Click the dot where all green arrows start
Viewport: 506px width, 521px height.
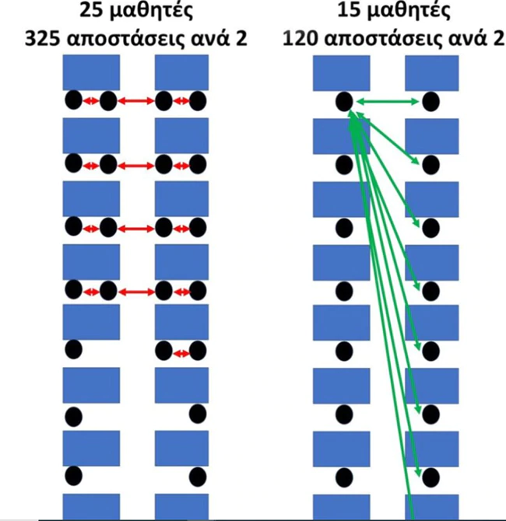[x=344, y=101]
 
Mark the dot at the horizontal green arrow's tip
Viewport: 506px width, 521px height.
[x=432, y=101]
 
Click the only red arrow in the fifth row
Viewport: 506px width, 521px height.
[x=182, y=354]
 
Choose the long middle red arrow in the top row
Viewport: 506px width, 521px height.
[x=135, y=101]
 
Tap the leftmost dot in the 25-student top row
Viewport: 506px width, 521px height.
[x=74, y=100]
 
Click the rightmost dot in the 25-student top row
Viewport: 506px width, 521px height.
[x=199, y=100]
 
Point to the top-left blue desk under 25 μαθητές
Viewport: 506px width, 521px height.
[x=90, y=75]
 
